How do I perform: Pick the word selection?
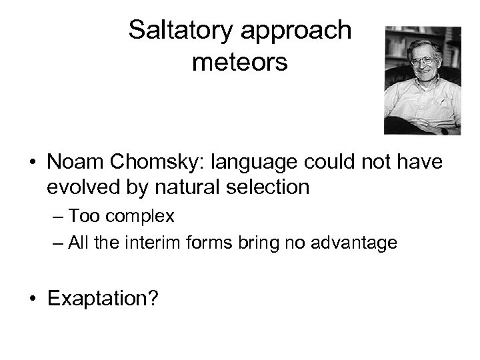pos(265,188)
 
